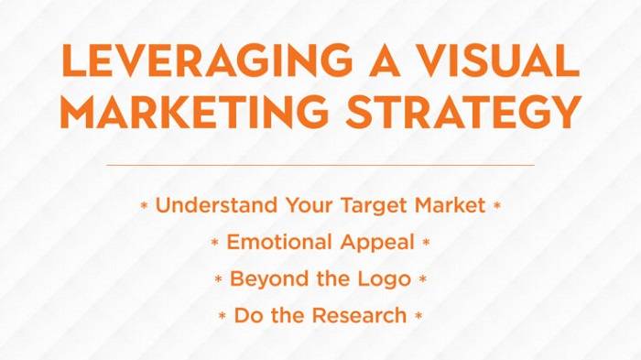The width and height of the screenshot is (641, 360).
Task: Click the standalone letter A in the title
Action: coord(364,62)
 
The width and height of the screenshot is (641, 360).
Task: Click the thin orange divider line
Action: coord(320,165)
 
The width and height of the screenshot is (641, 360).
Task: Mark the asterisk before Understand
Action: coord(144,207)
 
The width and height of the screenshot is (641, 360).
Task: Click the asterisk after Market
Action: coord(497,207)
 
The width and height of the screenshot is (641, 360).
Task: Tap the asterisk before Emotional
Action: coord(215,245)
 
